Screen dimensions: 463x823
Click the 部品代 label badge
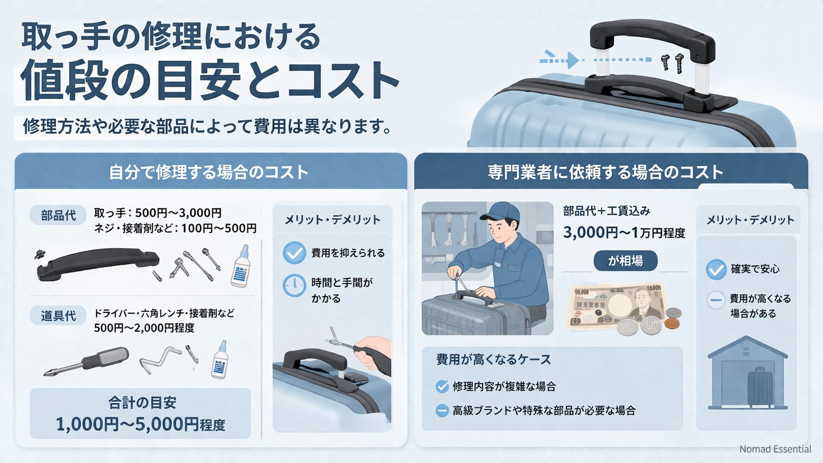pyautogui.click(x=58, y=215)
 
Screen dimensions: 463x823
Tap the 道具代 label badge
pyautogui.click(x=58, y=315)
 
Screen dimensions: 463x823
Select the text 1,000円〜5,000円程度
pyautogui.click(x=140, y=424)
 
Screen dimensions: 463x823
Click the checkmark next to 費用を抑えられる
pyautogui.click(x=294, y=253)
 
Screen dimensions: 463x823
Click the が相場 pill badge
pyautogui.click(x=625, y=261)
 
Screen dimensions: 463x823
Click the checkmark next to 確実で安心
pyautogui.click(x=716, y=269)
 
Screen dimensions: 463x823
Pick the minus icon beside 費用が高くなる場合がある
pyautogui.click(x=716, y=300)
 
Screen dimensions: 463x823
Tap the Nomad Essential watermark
pyautogui.click(x=775, y=449)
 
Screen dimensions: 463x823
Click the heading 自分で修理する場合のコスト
pyautogui.click(x=208, y=172)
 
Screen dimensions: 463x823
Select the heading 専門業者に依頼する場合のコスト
pyautogui.click(x=605, y=172)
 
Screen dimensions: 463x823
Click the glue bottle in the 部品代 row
pyautogui.click(x=241, y=268)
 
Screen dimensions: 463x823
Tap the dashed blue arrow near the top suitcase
pyautogui.click(x=561, y=60)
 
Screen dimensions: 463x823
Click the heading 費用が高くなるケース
pyautogui.click(x=493, y=360)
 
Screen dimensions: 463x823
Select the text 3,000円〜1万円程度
pyautogui.click(x=624, y=232)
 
